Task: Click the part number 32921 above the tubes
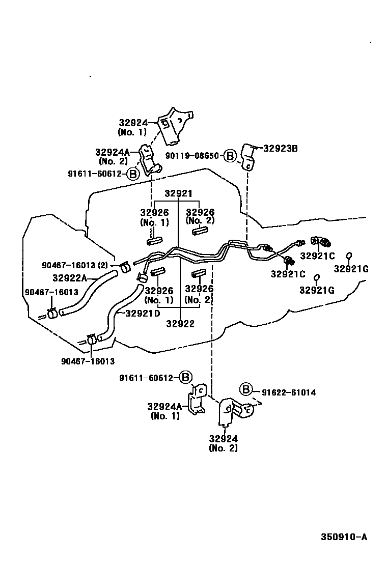coord(178,194)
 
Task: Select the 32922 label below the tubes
coord(180,324)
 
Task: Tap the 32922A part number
coord(70,278)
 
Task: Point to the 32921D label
coord(143,313)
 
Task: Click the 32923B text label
coord(281,149)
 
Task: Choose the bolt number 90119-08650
coord(193,156)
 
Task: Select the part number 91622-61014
coord(289,392)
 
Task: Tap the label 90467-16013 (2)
coord(74,265)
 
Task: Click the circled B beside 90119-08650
coord(230,156)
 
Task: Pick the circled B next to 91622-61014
coord(246,390)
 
